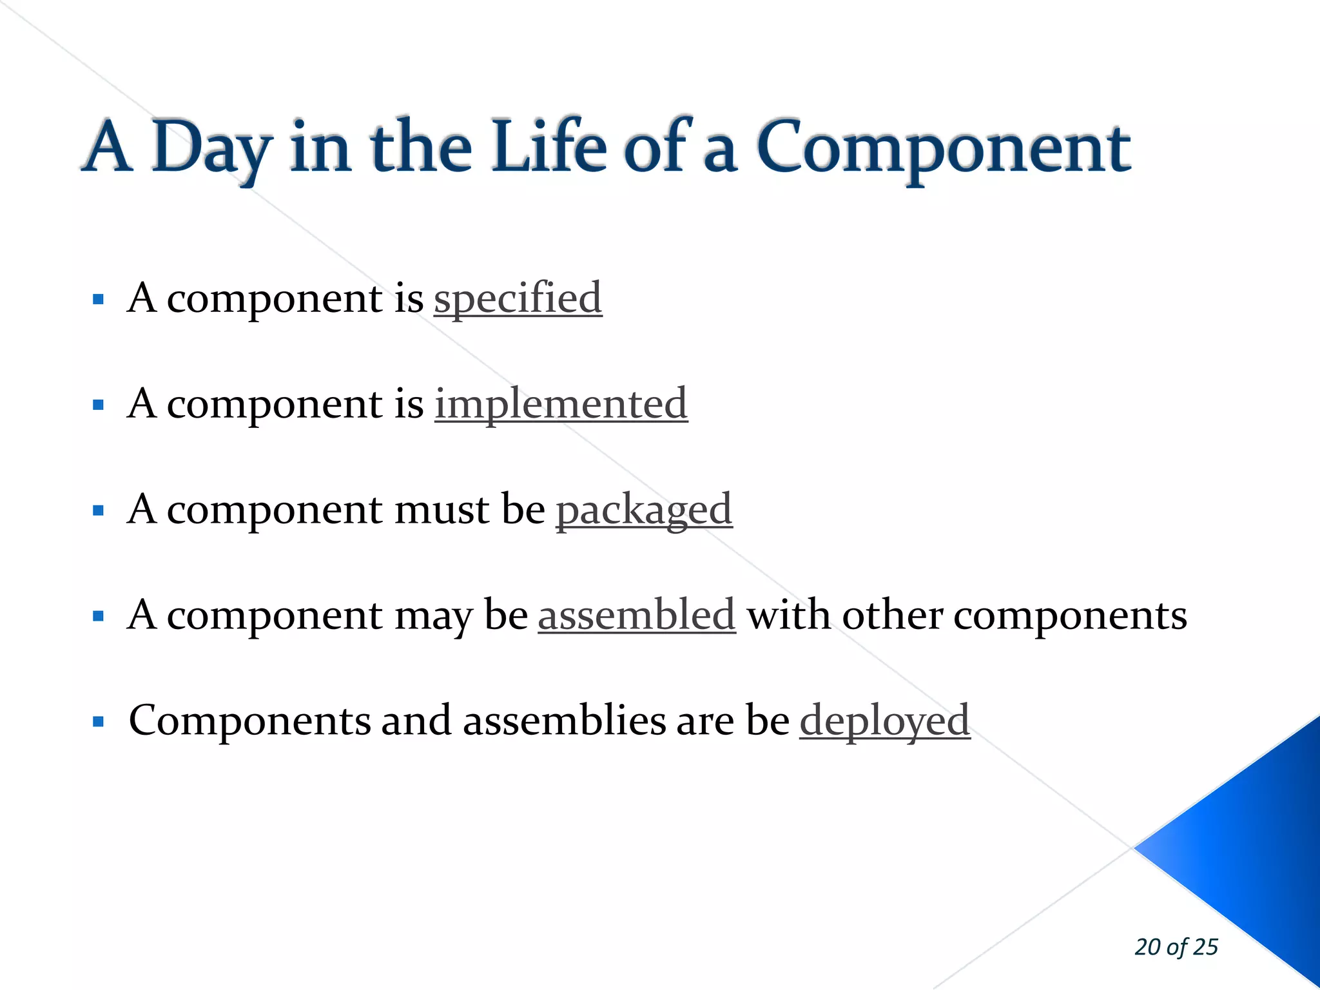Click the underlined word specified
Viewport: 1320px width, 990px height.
(518, 299)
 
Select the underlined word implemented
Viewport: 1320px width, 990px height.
(561, 405)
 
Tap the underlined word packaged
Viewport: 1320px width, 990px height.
(644, 510)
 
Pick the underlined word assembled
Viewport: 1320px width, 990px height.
(637, 615)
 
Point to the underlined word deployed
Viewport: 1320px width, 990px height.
(884, 721)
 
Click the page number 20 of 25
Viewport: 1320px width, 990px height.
(1176, 947)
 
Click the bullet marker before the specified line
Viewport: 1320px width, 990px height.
(98, 299)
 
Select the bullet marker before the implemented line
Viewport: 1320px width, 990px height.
(98, 405)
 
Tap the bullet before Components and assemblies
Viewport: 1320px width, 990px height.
(98, 721)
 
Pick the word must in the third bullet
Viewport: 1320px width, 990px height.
(442, 510)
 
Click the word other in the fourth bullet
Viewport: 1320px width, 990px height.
(892, 615)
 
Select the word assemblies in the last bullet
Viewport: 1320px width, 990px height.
(564, 721)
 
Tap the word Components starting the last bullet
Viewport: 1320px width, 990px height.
(249, 721)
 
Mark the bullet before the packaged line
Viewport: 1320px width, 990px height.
(98, 510)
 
